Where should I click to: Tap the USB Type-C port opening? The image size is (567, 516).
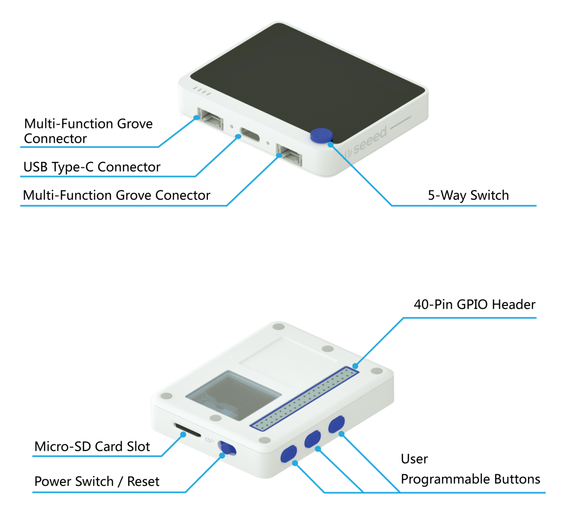click(250, 135)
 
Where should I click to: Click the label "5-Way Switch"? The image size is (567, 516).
click(468, 195)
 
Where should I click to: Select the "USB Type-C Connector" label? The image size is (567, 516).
click(92, 167)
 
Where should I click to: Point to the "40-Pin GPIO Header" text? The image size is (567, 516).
click(474, 305)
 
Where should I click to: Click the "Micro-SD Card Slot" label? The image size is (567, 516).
click(92, 447)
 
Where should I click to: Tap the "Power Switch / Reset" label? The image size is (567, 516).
click(97, 481)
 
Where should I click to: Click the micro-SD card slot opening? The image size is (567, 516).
click(187, 430)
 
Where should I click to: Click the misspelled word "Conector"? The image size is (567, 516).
click(182, 195)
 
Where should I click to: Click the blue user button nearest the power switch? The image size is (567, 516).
click(289, 454)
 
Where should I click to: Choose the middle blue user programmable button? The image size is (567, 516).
click(313, 439)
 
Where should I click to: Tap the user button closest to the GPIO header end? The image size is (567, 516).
click(336, 424)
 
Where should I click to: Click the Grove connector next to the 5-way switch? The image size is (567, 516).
click(289, 154)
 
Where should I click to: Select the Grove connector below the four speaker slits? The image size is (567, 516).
click(210, 118)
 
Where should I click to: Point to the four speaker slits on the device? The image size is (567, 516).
click(202, 91)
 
